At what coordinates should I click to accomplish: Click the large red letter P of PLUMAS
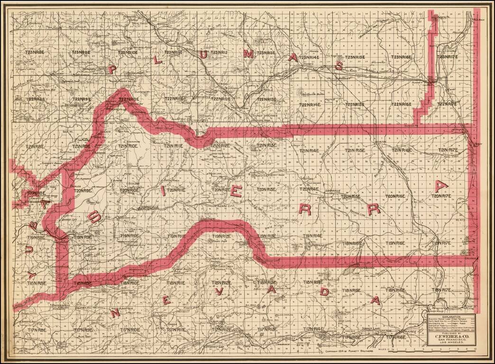point(112,69)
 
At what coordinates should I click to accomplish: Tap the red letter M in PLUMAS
point(248,54)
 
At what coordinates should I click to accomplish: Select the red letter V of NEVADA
point(219,291)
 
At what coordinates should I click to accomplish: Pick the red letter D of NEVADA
point(324,292)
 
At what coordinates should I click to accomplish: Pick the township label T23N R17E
point(448,57)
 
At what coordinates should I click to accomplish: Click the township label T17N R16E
point(397,337)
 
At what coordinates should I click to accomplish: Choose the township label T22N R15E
point(354,104)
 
